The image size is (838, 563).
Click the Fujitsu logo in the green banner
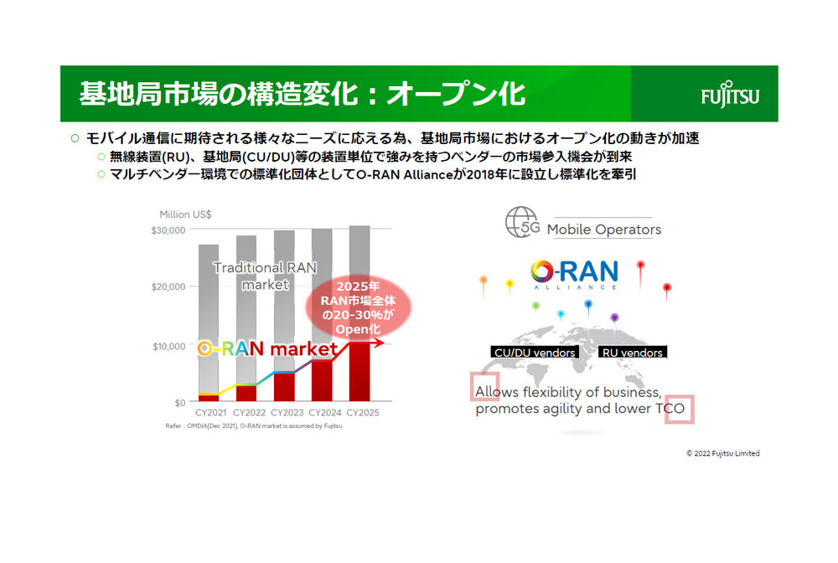pyautogui.click(x=730, y=95)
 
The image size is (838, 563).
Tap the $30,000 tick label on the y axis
pyautogui.click(x=168, y=230)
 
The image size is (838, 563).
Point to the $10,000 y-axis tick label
pyautogui.click(x=169, y=346)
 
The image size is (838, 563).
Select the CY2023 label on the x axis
pyautogui.click(x=287, y=412)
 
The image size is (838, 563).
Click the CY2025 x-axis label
pyautogui.click(x=363, y=412)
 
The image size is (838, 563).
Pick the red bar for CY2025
pyautogui.click(x=360, y=372)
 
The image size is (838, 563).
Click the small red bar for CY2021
pyautogui.click(x=209, y=397)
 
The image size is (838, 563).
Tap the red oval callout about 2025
pyautogui.click(x=358, y=307)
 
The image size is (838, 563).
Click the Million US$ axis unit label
pyautogui.click(x=185, y=214)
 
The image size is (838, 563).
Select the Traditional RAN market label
pyautogui.click(x=265, y=276)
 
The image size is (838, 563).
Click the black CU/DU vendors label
pyautogui.click(x=535, y=353)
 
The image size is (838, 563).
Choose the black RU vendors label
pyautogui.click(x=632, y=353)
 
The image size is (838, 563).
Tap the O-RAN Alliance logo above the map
pyautogui.click(x=575, y=274)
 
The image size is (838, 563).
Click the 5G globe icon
pyautogui.click(x=522, y=222)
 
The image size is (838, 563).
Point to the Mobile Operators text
pyautogui.click(x=604, y=230)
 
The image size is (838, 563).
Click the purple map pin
pyautogui.click(x=614, y=318)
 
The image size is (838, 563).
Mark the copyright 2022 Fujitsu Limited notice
pyautogui.click(x=723, y=453)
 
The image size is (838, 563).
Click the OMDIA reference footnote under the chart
pyautogui.click(x=254, y=426)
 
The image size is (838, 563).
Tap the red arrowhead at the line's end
pyautogui.click(x=379, y=343)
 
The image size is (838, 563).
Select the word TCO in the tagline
pyautogui.click(x=670, y=409)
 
